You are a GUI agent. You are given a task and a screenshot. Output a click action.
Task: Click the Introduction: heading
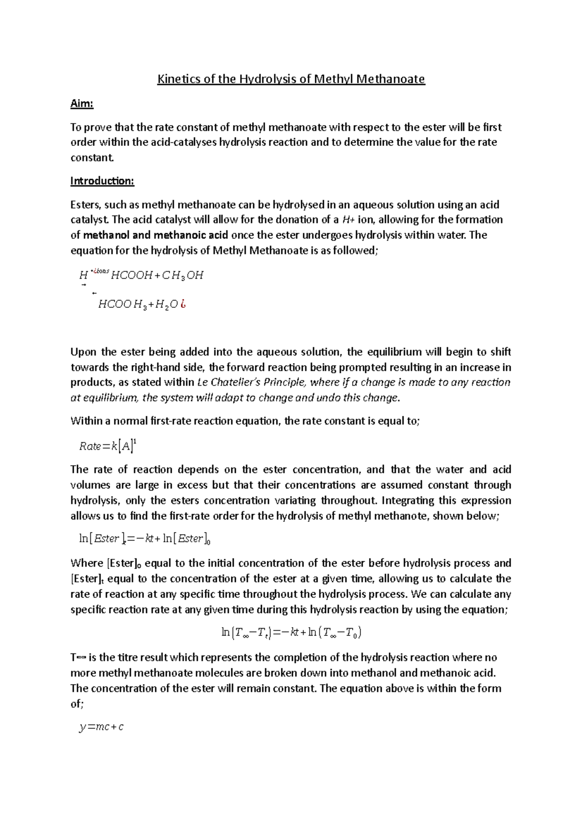click(102, 181)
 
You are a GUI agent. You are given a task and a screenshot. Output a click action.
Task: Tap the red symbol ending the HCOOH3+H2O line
click(183, 304)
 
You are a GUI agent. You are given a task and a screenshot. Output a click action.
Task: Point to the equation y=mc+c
click(101, 727)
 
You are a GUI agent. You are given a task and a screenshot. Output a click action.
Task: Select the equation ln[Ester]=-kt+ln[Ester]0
click(144, 538)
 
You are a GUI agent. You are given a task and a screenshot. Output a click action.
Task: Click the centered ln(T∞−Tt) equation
click(291, 633)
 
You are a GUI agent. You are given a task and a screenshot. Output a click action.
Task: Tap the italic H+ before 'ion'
click(348, 220)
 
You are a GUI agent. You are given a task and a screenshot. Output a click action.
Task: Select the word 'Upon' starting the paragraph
click(84, 352)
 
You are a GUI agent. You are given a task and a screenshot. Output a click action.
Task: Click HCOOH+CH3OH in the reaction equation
click(157, 275)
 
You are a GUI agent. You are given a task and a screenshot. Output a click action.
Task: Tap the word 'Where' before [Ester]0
click(86, 563)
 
